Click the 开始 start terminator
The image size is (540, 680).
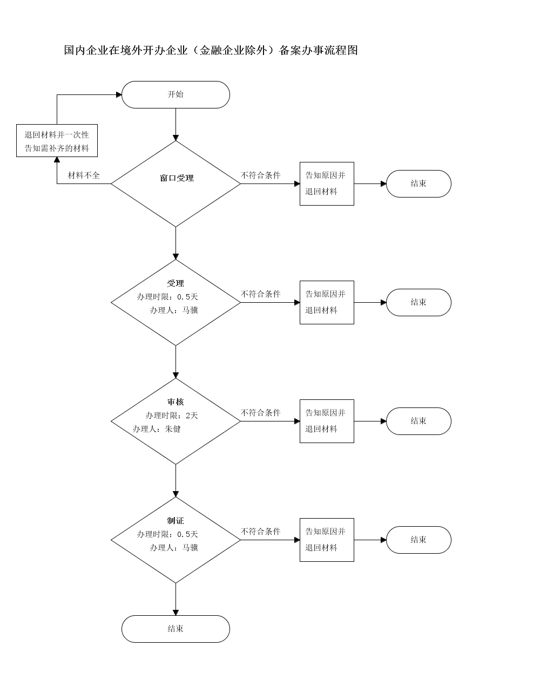click(x=175, y=94)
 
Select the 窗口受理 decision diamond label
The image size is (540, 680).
click(x=177, y=178)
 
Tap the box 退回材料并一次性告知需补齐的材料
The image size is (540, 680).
click(x=57, y=141)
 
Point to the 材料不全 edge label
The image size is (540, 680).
click(x=84, y=175)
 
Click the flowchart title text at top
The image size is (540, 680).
click(x=211, y=50)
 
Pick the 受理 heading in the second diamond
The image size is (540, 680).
click(x=175, y=283)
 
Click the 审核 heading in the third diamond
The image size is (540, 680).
click(x=175, y=402)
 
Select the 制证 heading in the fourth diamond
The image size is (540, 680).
click(x=175, y=521)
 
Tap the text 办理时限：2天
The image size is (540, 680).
click(x=172, y=416)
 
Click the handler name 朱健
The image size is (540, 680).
click(x=173, y=429)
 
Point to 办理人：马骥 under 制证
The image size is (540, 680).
click(x=174, y=548)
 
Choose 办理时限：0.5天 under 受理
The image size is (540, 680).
click(x=167, y=297)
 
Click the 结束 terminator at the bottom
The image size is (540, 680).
click(x=175, y=629)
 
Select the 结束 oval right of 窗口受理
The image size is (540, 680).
click(x=418, y=183)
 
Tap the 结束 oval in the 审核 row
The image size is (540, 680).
click(x=418, y=421)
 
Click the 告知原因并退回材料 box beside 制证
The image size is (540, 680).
click(x=327, y=540)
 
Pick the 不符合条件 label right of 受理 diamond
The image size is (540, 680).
click(x=260, y=294)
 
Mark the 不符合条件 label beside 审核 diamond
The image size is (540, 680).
click(x=260, y=413)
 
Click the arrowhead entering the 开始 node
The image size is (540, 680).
click(x=119, y=94)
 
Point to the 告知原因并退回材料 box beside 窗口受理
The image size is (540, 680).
click(x=327, y=183)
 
